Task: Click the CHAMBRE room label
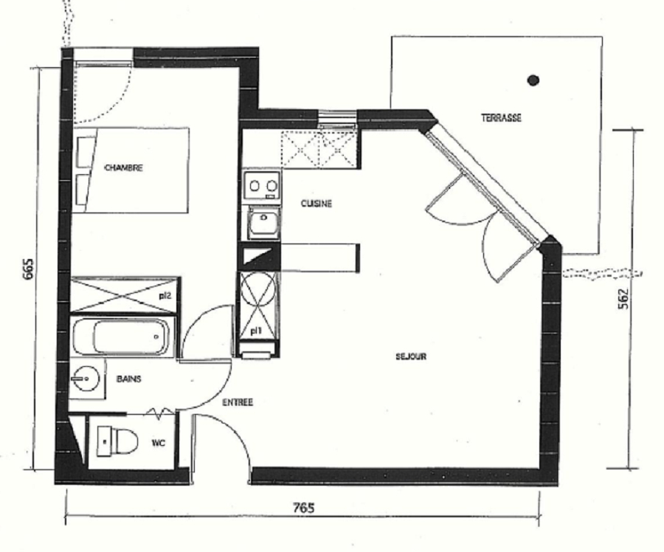click(x=124, y=168)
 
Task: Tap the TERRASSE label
click(x=501, y=118)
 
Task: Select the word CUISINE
click(x=317, y=204)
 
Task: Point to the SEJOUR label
click(x=411, y=356)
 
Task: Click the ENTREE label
click(x=238, y=402)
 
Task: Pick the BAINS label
click(x=128, y=379)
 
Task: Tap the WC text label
click(x=159, y=443)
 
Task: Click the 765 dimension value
click(x=304, y=507)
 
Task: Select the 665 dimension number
click(x=27, y=269)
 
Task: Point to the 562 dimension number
click(x=623, y=299)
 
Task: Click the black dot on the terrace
click(x=533, y=80)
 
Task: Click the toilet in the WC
click(x=118, y=441)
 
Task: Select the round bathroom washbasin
click(x=86, y=379)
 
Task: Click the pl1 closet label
click(x=255, y=331)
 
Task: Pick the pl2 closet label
click(x=165, y=296)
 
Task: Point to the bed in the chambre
click(x=131, y=170)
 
